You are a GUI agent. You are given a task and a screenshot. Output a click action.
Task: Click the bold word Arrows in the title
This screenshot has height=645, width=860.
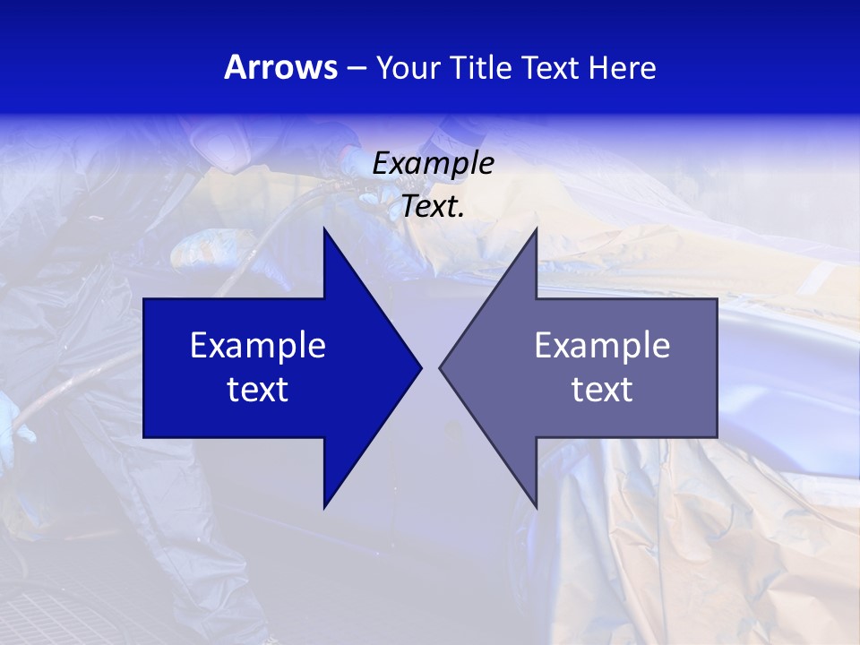click(x=280, y=67)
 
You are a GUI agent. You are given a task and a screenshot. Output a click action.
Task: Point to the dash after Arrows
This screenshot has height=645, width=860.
click(x=356, y=68)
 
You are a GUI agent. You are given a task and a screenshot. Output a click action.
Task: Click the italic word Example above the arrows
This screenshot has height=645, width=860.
click(x=433, y=163)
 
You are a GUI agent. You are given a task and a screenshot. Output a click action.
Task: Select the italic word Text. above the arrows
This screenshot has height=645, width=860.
click(x=433, y=206)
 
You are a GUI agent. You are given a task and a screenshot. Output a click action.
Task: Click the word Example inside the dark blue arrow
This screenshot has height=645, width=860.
click(x=258, y=345)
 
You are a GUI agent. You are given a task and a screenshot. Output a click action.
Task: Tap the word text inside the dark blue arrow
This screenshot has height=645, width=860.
click(x=258, y=389)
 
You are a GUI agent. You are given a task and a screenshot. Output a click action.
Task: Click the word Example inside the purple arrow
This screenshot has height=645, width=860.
click(x=602, y=345)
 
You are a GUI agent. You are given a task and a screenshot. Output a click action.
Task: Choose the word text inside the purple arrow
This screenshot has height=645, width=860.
click(x=602, y=389)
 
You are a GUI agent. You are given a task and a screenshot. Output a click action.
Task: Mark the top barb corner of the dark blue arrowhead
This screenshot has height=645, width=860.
click(x=324, y=229)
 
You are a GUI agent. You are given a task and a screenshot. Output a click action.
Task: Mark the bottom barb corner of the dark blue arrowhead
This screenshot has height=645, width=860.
click(x=324, y=506)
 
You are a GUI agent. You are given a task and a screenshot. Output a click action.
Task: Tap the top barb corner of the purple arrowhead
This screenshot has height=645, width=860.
click(x=536, y=229)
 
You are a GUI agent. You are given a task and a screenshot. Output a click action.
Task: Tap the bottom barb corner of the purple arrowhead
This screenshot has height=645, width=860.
click(x=536, y=506)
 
